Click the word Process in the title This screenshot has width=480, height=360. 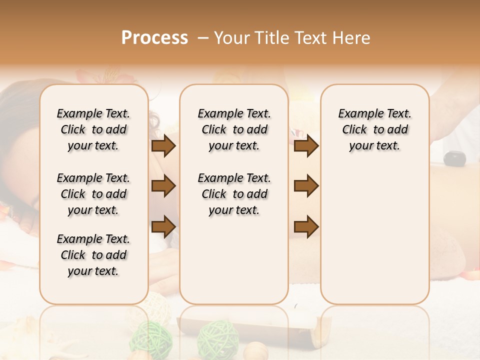point(154,37)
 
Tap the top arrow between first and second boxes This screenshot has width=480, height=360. point(163,146)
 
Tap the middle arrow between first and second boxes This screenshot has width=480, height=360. point(163,186)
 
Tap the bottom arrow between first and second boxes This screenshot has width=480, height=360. point(163,226)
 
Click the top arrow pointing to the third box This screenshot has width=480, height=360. point(306,146)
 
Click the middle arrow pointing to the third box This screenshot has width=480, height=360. point(306,186)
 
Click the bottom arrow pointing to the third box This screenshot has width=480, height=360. point(306,226)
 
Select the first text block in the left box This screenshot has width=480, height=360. point(93,129)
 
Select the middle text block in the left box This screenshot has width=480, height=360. point(93,194)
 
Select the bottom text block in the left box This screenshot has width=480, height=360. point(93,255)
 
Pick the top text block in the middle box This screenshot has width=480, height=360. point(234,129)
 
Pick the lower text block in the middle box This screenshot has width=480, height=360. point(234,194)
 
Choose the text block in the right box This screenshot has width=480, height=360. point(374,129)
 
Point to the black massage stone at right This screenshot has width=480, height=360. point(454,158)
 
